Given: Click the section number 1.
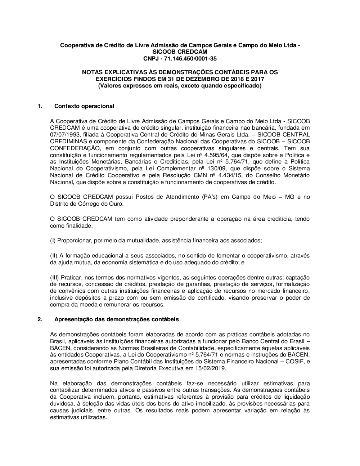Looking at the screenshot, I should point(40,106).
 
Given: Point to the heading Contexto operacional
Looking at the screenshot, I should point(84,106).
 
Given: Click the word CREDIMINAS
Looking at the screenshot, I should point(67,141).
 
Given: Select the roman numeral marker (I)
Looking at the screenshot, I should point(53,240).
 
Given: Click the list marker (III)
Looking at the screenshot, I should point(55,277).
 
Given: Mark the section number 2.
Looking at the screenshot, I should point(40,319).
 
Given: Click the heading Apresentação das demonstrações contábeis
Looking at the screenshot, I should point(116,319).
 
